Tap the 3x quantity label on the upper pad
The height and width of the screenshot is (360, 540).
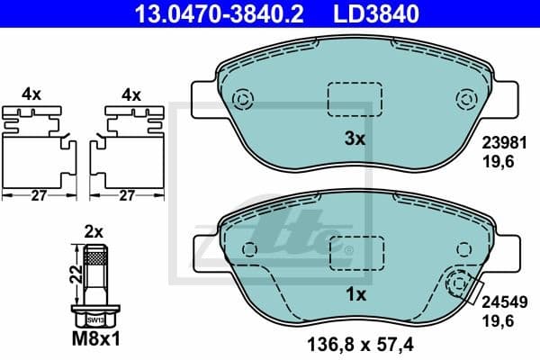point(355,139)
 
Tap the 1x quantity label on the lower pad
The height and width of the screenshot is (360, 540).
point(355,293)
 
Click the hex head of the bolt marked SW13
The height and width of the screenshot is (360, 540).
point(95,318)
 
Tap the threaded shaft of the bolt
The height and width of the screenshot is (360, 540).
point(95,274)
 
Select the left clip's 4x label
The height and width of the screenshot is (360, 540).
point(31,94)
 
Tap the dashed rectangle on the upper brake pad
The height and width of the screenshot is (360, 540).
point(354,99)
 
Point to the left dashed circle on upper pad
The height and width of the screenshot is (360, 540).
point(242,99)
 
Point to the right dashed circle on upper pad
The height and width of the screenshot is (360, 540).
point(465,99)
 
